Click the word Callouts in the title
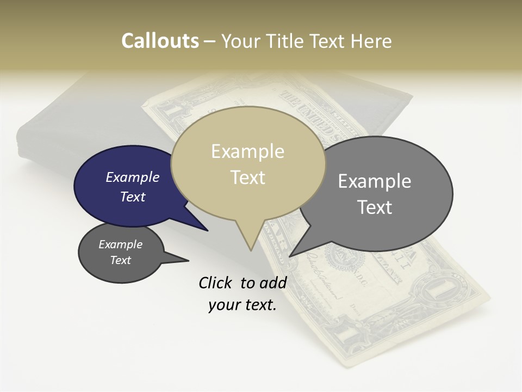[160, 41]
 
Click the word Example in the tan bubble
[247, 151]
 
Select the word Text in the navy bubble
[133, 197]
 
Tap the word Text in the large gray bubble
[375, 207]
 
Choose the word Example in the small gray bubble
[120, 244]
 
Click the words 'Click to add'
[243, 283]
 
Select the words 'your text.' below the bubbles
[243, 305]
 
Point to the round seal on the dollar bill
[342, 256]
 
